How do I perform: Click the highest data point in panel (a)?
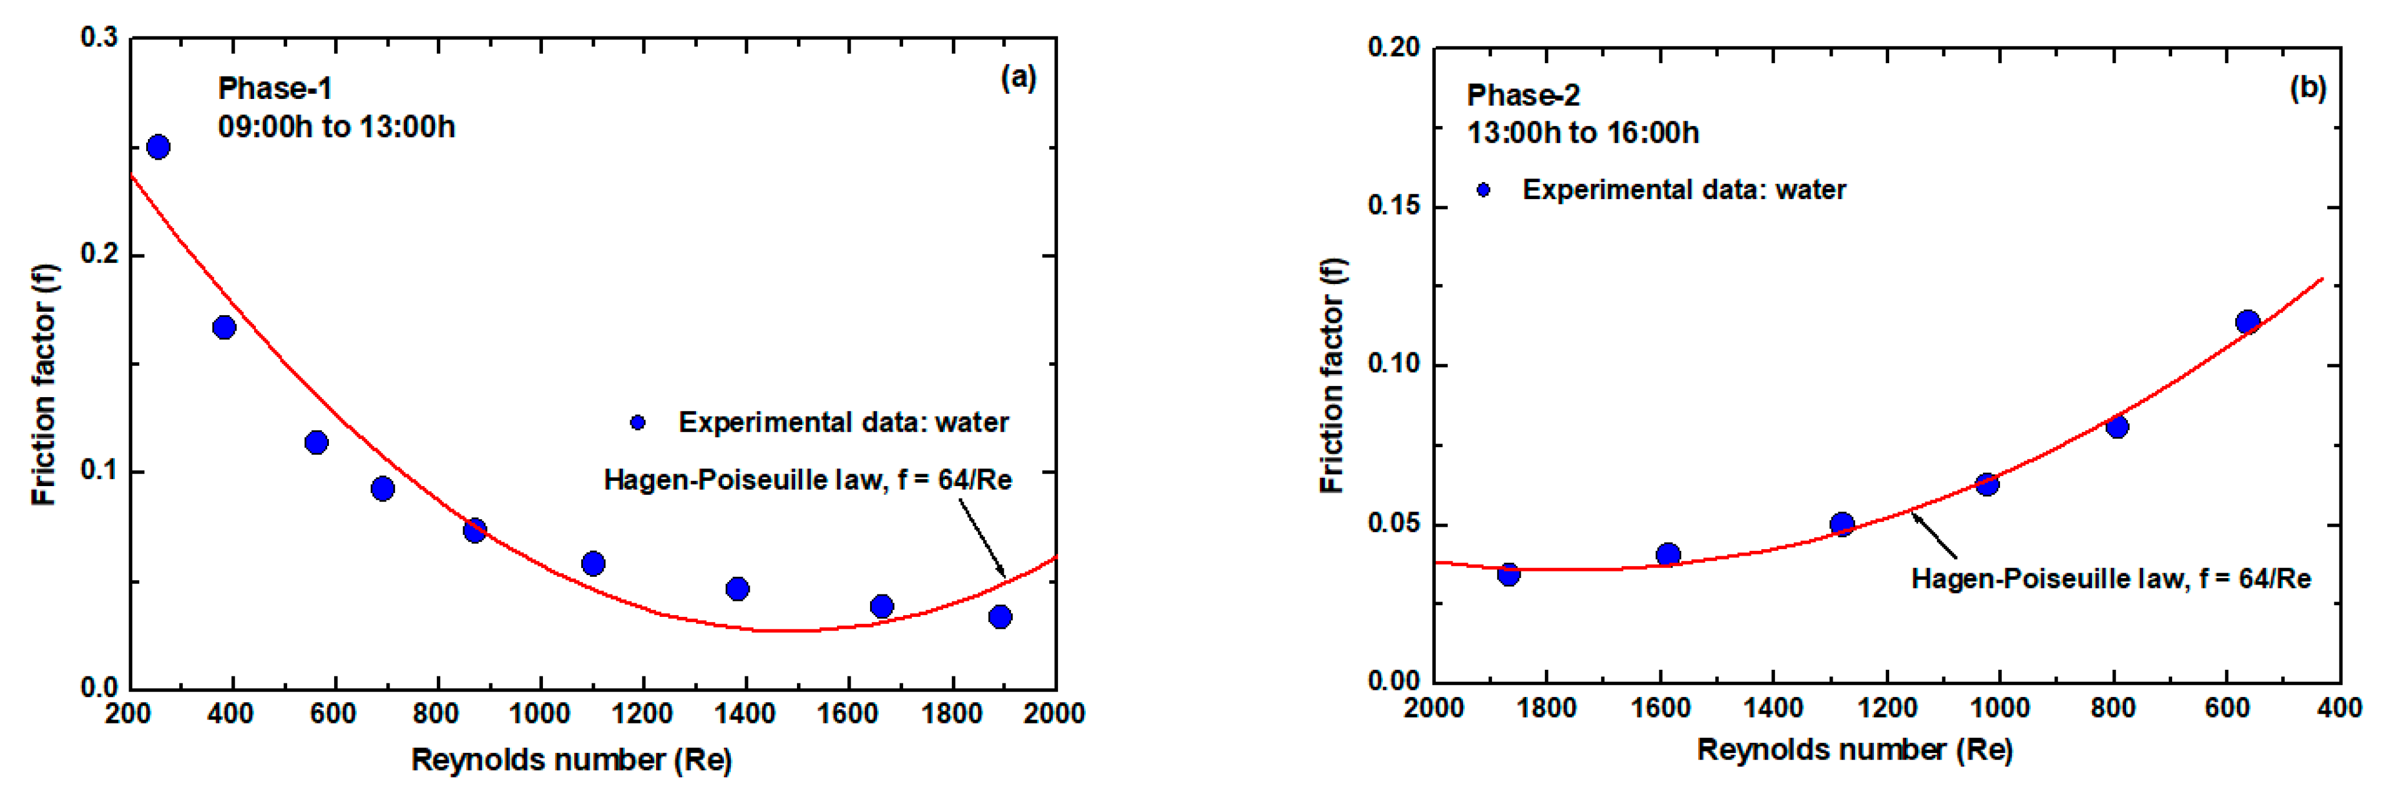coord(158,147)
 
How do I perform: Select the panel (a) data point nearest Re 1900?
coord(1000,617)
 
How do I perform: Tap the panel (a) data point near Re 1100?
coord(593,563)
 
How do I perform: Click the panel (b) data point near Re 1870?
coord(1508,574)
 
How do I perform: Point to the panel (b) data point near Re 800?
coord(2117,426)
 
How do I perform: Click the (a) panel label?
coord(1018,78)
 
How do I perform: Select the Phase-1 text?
coord(275,89)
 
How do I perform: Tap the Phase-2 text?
coord(1523,95)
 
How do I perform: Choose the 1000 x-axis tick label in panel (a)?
coord(540,714)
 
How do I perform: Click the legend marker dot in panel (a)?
coord(637,422)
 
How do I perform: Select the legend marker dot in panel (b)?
coord(1483,190)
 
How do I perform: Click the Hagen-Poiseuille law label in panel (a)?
coord(807,480)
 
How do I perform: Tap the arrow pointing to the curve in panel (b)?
coord(1935,536)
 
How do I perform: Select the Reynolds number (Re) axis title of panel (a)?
coord(571,760)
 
